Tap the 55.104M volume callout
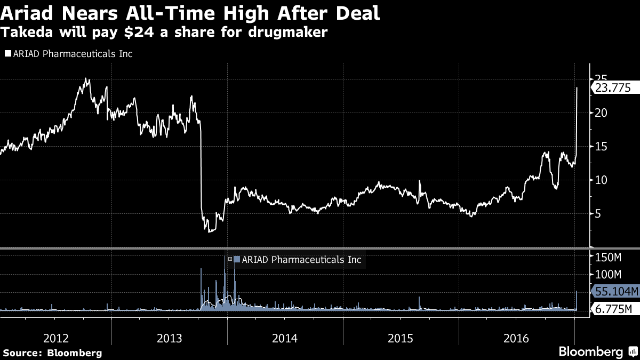[x=615, y=291]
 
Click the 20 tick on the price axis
[x=601, y=113]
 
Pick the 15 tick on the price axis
[x=601, y=146]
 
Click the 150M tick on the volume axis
[x=608, y=258]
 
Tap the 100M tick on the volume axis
[x=608, y=275]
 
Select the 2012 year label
[x=56, y=338]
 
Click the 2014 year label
[x=285, y=338]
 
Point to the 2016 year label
[x=516, y=338]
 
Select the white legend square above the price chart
[x=7, y=54]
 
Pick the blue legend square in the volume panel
[x=237, y=259]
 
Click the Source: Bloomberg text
[x=52, y=353]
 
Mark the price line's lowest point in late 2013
[x=210, y=231]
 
